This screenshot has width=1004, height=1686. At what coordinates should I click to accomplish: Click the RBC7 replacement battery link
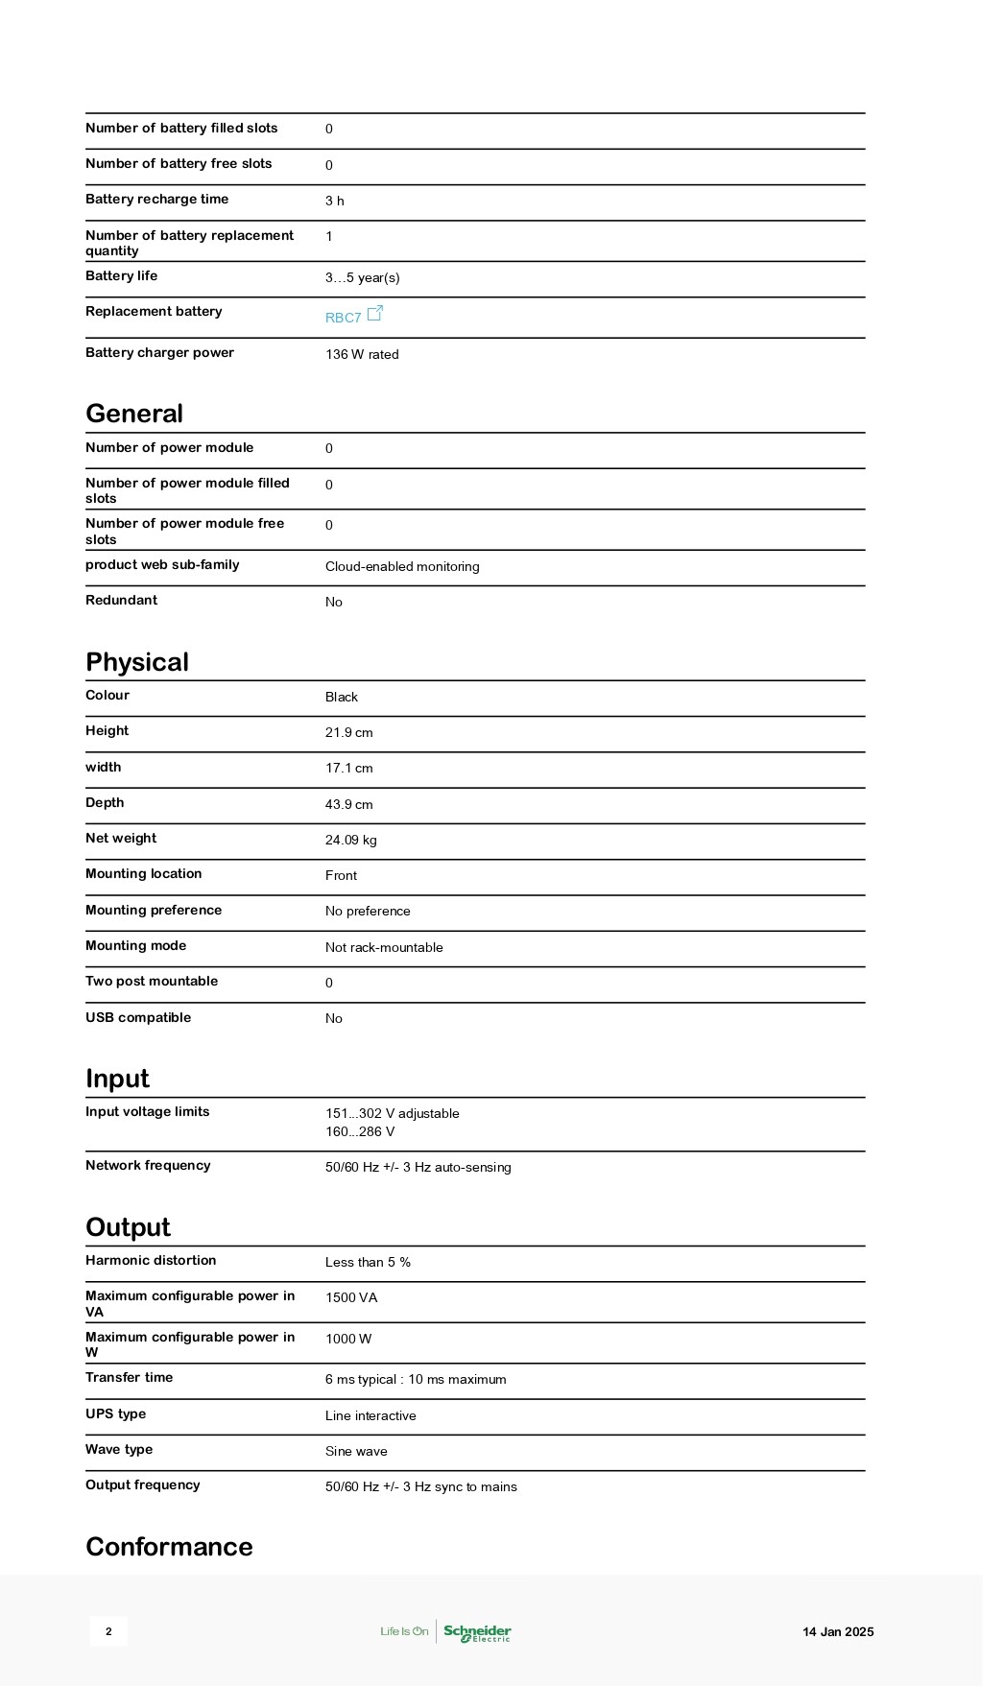coord(343,318)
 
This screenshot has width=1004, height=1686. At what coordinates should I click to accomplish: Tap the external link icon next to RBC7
coord(375,313)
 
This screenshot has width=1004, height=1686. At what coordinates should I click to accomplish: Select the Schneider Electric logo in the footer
coord(477,1631)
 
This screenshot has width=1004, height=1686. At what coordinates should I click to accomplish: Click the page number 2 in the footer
coord(108,1631)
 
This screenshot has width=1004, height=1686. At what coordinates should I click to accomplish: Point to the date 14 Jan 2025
coord(838,1631)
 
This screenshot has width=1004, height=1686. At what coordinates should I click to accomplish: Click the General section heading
coord(134,414)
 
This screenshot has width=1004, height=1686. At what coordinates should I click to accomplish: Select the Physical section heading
coord(137,662)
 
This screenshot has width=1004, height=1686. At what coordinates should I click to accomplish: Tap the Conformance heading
coord(169,1547)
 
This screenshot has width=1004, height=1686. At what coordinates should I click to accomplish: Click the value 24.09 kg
coord(350,840)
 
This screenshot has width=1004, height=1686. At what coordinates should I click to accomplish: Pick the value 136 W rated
coord(362,354)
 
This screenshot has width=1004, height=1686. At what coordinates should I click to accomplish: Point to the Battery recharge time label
coord(156,200)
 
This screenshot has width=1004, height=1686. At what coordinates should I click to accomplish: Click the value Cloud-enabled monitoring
coord(402,566)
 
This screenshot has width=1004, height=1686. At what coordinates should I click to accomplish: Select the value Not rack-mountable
coord(384,947)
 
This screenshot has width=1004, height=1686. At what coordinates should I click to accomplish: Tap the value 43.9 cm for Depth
coord(348,804)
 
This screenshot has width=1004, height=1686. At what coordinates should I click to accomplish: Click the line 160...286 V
coord(360,1131)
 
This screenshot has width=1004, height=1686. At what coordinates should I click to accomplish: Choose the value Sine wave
coord(356,1451)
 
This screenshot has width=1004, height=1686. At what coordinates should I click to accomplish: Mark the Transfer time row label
coord(129,1377)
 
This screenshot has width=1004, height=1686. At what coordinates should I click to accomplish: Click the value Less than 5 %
coord(368,1262)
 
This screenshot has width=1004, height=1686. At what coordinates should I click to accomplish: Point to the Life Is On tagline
coord(404,1631)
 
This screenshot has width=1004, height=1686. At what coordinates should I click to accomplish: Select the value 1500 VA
coord(351,1297)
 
